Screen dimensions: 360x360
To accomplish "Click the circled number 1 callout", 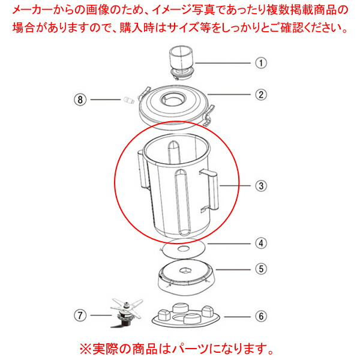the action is pyautogui.click(x=261, y=63).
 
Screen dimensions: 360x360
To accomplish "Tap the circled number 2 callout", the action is pyautogui.click(x=261, y=95).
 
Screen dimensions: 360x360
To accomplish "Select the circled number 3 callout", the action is pyautogui.click(x=261, y=186).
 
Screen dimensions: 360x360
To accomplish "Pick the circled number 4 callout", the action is pyautogui.click(x=261, y=244).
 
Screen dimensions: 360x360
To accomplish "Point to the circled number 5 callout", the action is pyautogui.click(x=261, y=269).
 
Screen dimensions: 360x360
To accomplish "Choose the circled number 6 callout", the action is pyautogui.click(x=261, y=317).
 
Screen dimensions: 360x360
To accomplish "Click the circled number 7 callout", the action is pyautogui.click(x=80, y=315).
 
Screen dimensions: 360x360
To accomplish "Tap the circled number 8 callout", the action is pyautogui.click(x=80, y=100).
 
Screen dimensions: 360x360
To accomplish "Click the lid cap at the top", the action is pyautogui.click(x=182, y=62).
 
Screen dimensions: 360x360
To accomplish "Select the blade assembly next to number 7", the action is pyautogui.click(x=127, y=313).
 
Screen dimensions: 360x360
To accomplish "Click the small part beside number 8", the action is pyautogui.click(x=129, y=100).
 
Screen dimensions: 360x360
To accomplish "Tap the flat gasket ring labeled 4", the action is pyautogui.click(x=183, y=248).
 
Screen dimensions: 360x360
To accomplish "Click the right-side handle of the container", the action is pyautogui.click(x=210, y=190).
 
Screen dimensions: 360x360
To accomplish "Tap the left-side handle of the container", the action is pyautogui.click(x=143, y=170).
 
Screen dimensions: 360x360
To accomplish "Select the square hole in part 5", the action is pyautogui.click(x=185, y=271).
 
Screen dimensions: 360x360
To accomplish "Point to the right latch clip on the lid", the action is pyautogui.click(x=208, y=115).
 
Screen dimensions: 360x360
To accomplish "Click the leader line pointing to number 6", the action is pyautogui.click(x=238, y=317).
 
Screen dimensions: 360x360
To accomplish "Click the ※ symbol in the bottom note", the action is pyautogui.click(x=86, y=349).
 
